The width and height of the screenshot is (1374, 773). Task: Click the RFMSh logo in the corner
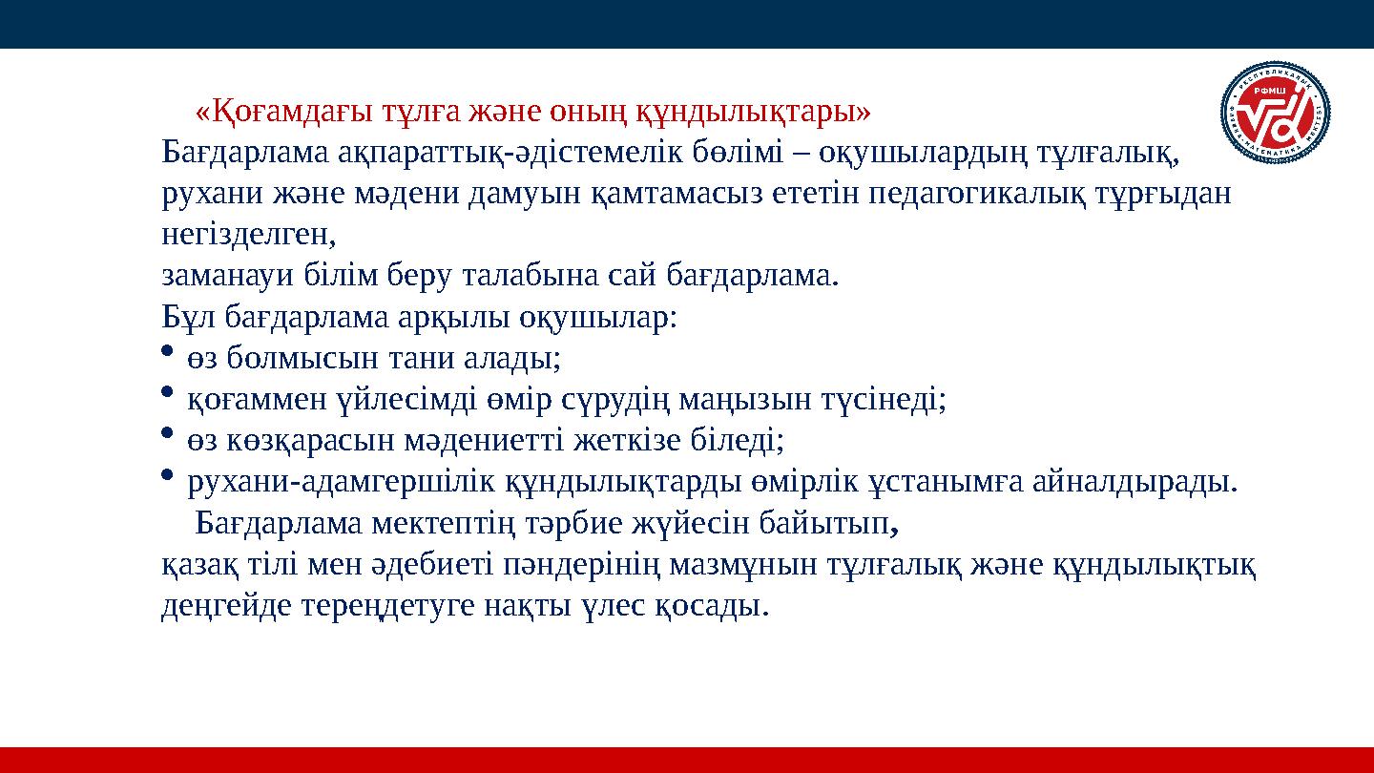tap(1276, 113)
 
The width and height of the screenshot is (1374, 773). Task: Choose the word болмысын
tap(290, 359)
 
